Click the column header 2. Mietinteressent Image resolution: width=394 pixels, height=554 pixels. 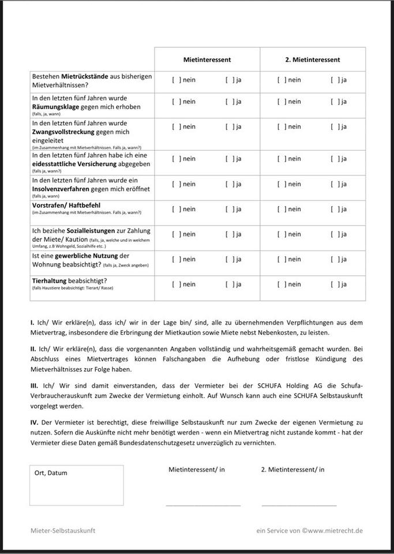point(312,59)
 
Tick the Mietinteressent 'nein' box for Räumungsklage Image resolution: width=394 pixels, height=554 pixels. point(176,102)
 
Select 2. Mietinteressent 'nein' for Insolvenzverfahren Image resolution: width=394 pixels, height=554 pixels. point(282,184)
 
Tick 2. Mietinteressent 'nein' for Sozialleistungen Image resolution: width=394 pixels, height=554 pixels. point(282,234)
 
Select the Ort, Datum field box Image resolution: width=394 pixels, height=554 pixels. point(76,485)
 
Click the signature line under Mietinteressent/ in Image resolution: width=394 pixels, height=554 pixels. point(203,505)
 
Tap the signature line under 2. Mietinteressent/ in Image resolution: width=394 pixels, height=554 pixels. point(299,505)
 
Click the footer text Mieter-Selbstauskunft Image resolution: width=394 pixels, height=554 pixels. point(63,530)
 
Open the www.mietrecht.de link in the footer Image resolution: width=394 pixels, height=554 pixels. point(335,530)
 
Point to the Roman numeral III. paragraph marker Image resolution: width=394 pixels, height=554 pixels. point(34,384)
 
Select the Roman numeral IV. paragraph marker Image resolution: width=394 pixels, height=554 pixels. point(34,422)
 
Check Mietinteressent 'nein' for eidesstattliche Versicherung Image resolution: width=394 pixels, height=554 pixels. point(176,159)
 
